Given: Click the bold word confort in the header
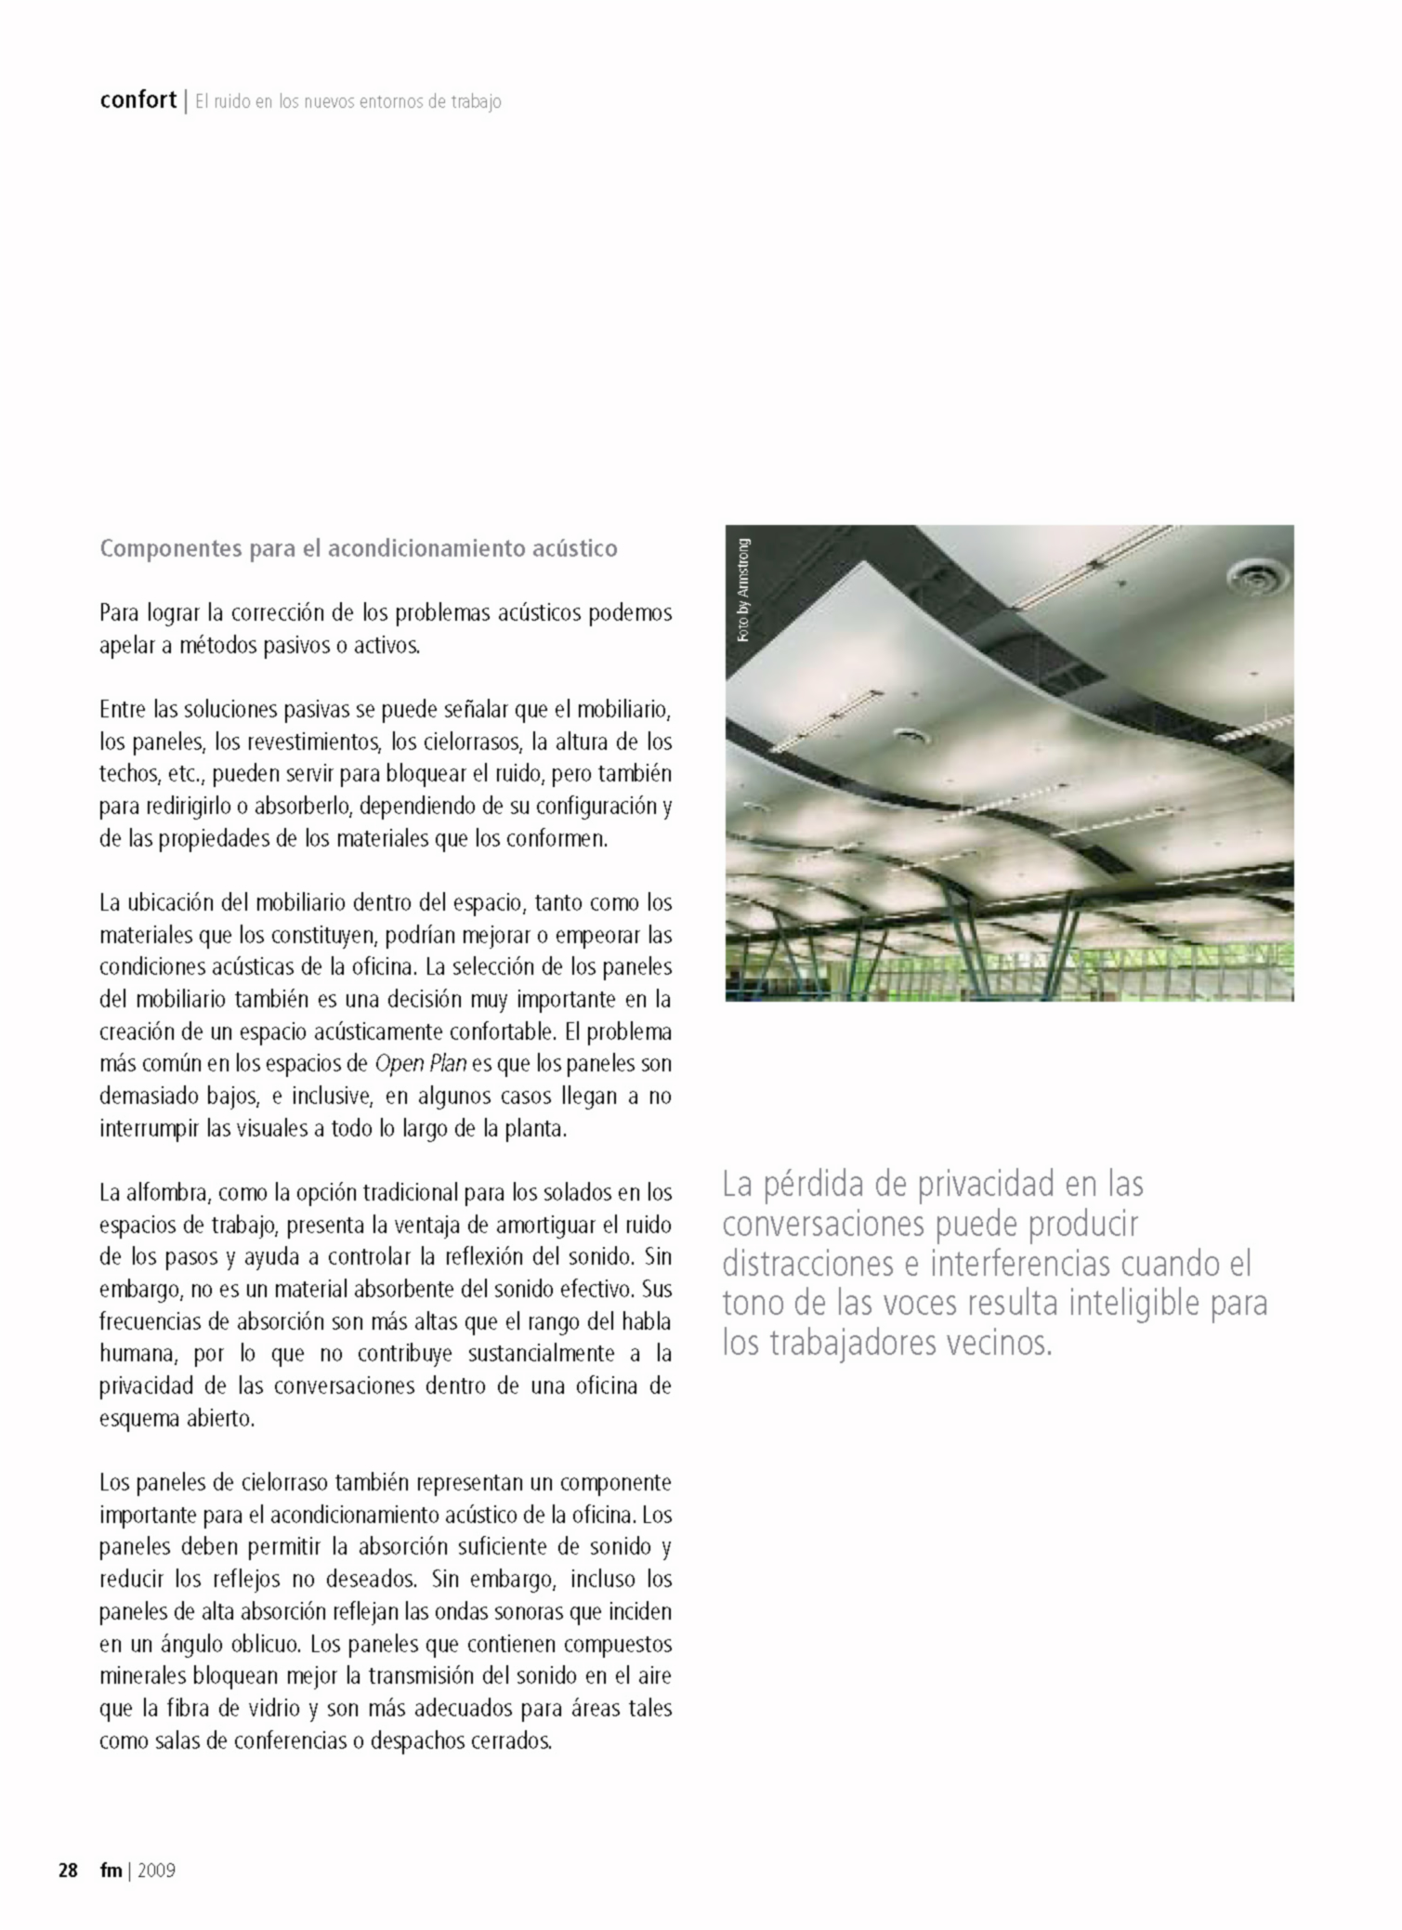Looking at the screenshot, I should pyautogui.click(x=138, y=99).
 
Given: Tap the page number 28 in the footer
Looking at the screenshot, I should pyautogui.click(x=68, y=1870).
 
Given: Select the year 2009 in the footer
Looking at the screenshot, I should pyautogui.click(x=156, y=1870).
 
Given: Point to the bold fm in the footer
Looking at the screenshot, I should pyautogui.click(x=111, y=1870).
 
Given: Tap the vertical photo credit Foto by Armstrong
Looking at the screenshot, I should pyautogui.click(x=742, y=590).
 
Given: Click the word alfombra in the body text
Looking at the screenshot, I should pyautogui.click(x=167, y=1192).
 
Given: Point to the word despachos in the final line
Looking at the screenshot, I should pyautogui.click(x=414, y=1740).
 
